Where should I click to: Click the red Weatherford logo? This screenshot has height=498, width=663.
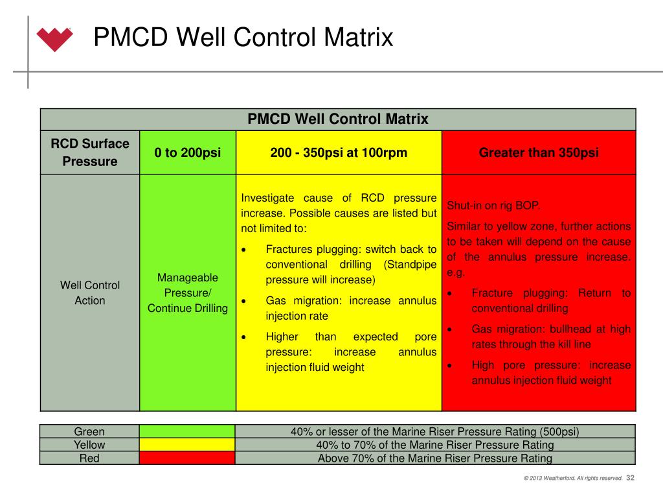tap(54, 38)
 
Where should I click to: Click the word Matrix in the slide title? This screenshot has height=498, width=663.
tap(360, 37)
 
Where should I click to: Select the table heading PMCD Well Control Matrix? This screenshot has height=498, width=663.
tap(338, 119)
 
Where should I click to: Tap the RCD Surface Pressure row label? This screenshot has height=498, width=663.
tap(90, 152)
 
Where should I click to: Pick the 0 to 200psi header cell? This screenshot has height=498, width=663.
tap(187, 153)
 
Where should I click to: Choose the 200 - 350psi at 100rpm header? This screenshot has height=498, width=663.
tap(339, 153)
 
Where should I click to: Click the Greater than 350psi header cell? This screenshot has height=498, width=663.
tap(539, 153)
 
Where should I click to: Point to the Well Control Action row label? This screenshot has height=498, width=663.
tap(90, 292)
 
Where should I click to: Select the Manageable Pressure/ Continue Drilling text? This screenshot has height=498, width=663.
tap(187, 292)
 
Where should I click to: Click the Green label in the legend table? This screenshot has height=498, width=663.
tap(89, 431)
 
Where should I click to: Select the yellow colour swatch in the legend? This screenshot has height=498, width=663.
tap(187, 445)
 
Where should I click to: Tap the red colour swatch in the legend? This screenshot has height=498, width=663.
tap(187, 458)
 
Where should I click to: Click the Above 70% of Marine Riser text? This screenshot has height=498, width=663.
tap(434, 458)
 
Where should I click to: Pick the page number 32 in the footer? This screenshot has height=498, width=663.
tap(631, 479)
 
